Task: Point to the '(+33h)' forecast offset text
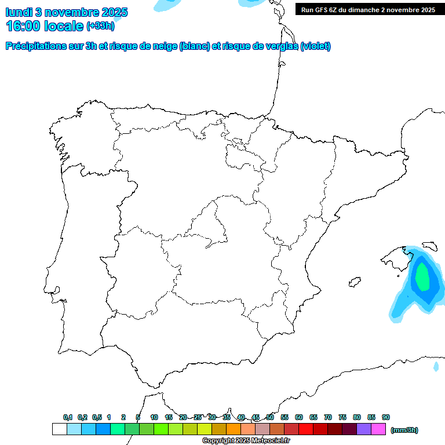pyautogui.click(x=100, y=25)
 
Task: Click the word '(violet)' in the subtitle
pyautogui.click(x=316, y=46)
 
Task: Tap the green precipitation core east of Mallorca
pyautogui.click(x=423, y=276)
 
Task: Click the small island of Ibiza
pyautogui.click(x=355, y=283)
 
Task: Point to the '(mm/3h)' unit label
pyautogui.click(x=404, y=430)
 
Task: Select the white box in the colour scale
pyautogui.click(x=59, y=429)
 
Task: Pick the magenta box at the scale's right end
pyautogui.click(x=378, y=429)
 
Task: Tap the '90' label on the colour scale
pyautogui.click(x=386, y=417)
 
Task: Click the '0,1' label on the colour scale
pyautogui.click(x=68, y=417)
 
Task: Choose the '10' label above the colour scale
pyautogui.click(x=154, y=417)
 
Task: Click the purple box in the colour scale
pyautogui.click(x=364, y=429)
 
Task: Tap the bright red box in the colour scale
pyautogui.click(x=306, y=429)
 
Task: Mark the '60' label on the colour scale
pyautogui.click(x=299, y=417)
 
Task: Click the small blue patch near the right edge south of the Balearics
pyautogui.click(x=436, y=366)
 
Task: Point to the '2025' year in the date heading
pyautogui.click(x=115, y=12)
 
